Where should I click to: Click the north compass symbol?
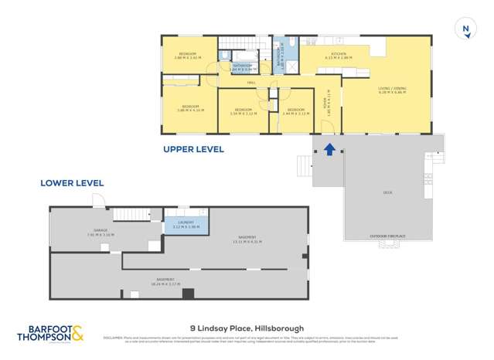[x=466, y=29]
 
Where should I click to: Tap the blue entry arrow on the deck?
[x=329, y=149]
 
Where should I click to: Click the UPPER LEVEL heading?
[x=193, y=149]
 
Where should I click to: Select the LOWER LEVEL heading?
[x=72, y=183]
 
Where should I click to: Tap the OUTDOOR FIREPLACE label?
[x=388, y=235]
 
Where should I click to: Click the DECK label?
[x=387, y=192]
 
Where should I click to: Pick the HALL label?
[x=251, y=83]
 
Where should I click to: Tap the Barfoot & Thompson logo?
[x=50, y=335]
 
